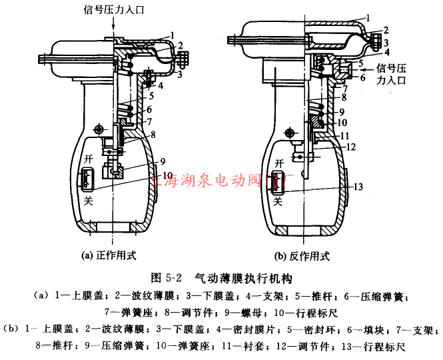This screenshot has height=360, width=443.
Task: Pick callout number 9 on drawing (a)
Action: [x=161, y=161]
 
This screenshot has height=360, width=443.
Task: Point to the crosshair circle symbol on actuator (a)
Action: [x=100, y=128]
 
